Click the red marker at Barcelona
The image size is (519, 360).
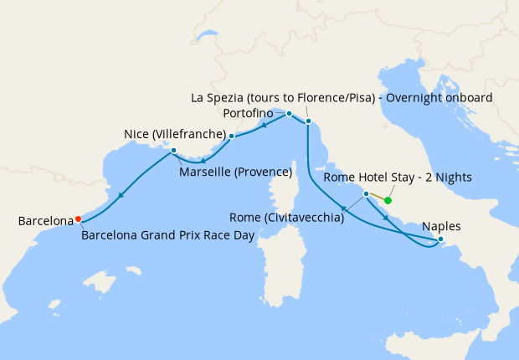point(78,219)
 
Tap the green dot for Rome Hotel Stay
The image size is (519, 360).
point(388,200)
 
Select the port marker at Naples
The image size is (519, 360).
point(440,240)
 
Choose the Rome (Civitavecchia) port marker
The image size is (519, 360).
point(366,193)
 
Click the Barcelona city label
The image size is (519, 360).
point(45,221)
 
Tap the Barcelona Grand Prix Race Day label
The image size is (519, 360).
point(167,235)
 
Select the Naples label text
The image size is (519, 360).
point(440,226)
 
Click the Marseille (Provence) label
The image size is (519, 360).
point(235,172)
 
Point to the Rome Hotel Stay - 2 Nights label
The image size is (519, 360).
point(399,177)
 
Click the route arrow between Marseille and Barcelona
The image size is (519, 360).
point(121,197)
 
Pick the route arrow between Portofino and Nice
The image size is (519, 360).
point(265,126)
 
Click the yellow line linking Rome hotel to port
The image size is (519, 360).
point(377,197)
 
